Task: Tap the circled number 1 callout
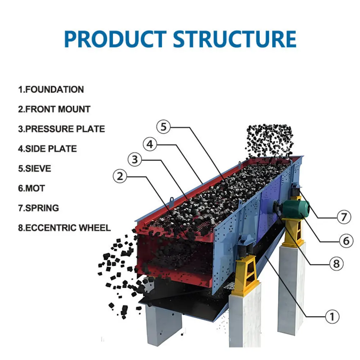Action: (332, 317)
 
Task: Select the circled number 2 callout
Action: (120, 176)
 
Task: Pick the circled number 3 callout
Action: (135, 159)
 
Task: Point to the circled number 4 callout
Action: (150, 144)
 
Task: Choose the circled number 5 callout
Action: (164, 127)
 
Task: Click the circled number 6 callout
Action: (346, 241)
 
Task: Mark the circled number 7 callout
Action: (344, 217)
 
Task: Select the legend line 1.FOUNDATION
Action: (51, 90)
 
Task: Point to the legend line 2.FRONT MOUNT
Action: (54, 109)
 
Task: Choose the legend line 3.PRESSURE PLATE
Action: (62, 129)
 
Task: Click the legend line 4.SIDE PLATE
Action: (48, 149)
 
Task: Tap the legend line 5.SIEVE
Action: (35, 168)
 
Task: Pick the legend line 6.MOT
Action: (32, 188)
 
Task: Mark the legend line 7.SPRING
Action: (39, 208)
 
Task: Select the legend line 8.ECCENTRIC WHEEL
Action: (64, 228)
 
